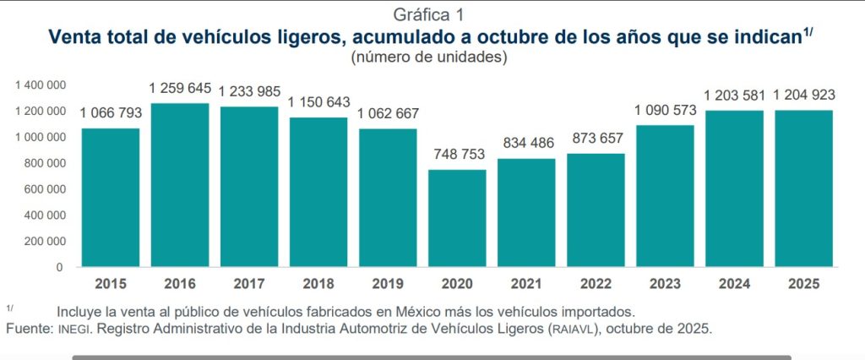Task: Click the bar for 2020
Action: [457, 218]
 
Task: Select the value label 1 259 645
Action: [180, 87]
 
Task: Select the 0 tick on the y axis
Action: [59, 267]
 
